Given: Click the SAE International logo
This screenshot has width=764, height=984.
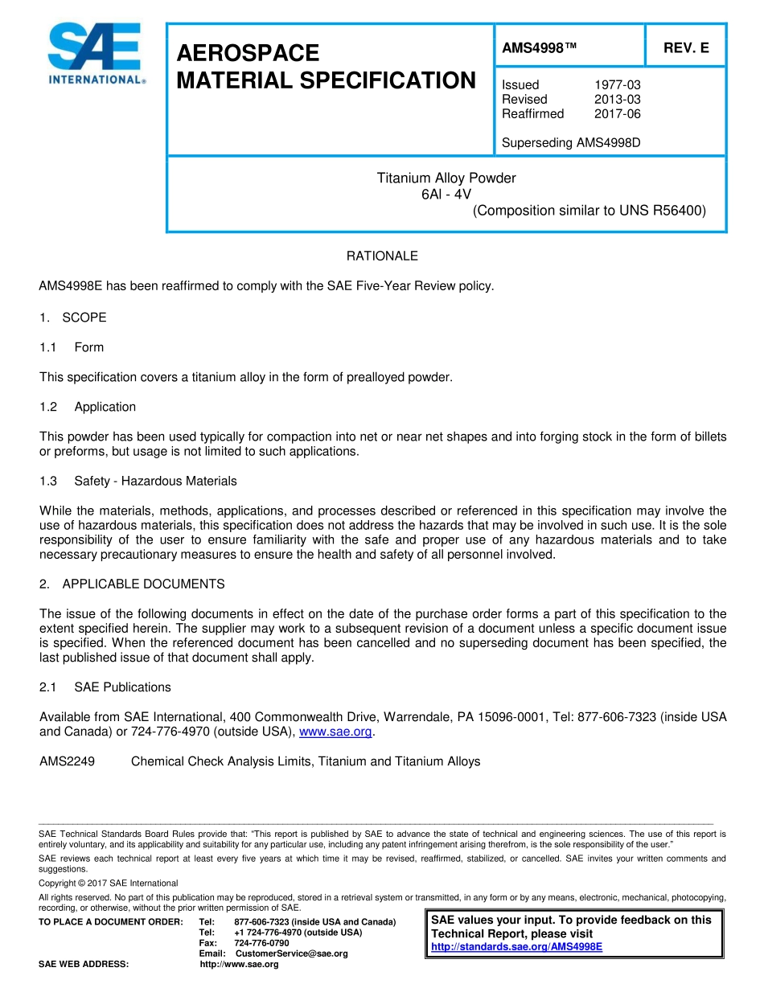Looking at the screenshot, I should click(x=95, y=54).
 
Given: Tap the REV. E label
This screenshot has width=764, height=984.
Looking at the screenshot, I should click(x=685, y=48).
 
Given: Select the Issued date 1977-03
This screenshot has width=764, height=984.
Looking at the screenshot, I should click(x=617, y=84).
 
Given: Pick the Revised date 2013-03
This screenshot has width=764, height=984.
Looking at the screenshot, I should click(x=617, y=99).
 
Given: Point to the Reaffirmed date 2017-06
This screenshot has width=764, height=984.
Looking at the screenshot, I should click(x=617, y=113).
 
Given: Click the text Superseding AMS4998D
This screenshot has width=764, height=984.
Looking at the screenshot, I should click(x=570, y=143).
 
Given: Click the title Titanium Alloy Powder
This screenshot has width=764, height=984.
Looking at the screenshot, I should click(x=446, y=178).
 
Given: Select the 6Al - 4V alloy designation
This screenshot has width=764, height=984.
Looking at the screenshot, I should click(x=446, y=194).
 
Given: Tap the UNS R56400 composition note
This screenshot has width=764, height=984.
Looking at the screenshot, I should click(x=589, y=211).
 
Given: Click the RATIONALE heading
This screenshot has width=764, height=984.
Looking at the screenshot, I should click(x=382, y=256).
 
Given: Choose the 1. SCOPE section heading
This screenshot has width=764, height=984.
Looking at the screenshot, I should click(x=73, y=318).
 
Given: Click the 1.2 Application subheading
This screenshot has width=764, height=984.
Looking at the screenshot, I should click(x=88, y=407).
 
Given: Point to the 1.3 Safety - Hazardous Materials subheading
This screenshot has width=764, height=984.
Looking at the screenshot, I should click(x=138, y=481).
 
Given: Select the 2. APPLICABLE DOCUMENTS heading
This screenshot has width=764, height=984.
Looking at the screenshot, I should click(x=133, y=584).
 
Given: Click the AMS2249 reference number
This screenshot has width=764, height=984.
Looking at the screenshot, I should click(x=67, y=761).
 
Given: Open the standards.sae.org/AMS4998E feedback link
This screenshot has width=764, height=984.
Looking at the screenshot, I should click(x=516, y=947).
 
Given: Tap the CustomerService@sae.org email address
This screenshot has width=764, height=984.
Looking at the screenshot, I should click(x=291, y=953).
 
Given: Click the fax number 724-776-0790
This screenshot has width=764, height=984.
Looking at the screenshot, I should click(x=261, y=943).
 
